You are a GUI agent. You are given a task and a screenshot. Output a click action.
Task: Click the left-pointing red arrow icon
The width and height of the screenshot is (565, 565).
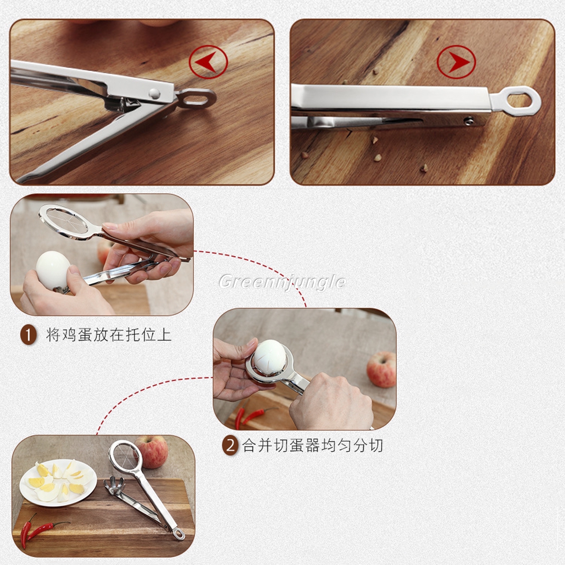tap(208, 62)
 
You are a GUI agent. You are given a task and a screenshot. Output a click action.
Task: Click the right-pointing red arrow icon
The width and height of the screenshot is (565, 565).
tap(456, 62)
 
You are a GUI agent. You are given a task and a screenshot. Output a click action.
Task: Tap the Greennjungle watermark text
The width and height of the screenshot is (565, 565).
tap(282, 282)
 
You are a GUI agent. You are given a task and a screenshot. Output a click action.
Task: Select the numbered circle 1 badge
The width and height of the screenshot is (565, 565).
tap(28, 334)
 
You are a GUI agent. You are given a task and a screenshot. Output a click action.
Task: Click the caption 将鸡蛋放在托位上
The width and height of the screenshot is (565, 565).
tap(108, 334)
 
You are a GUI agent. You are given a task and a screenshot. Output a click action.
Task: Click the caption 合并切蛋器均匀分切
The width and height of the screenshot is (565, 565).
tap(313, 446)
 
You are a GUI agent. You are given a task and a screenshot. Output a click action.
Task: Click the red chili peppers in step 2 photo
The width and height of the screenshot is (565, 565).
tap(253, 414)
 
